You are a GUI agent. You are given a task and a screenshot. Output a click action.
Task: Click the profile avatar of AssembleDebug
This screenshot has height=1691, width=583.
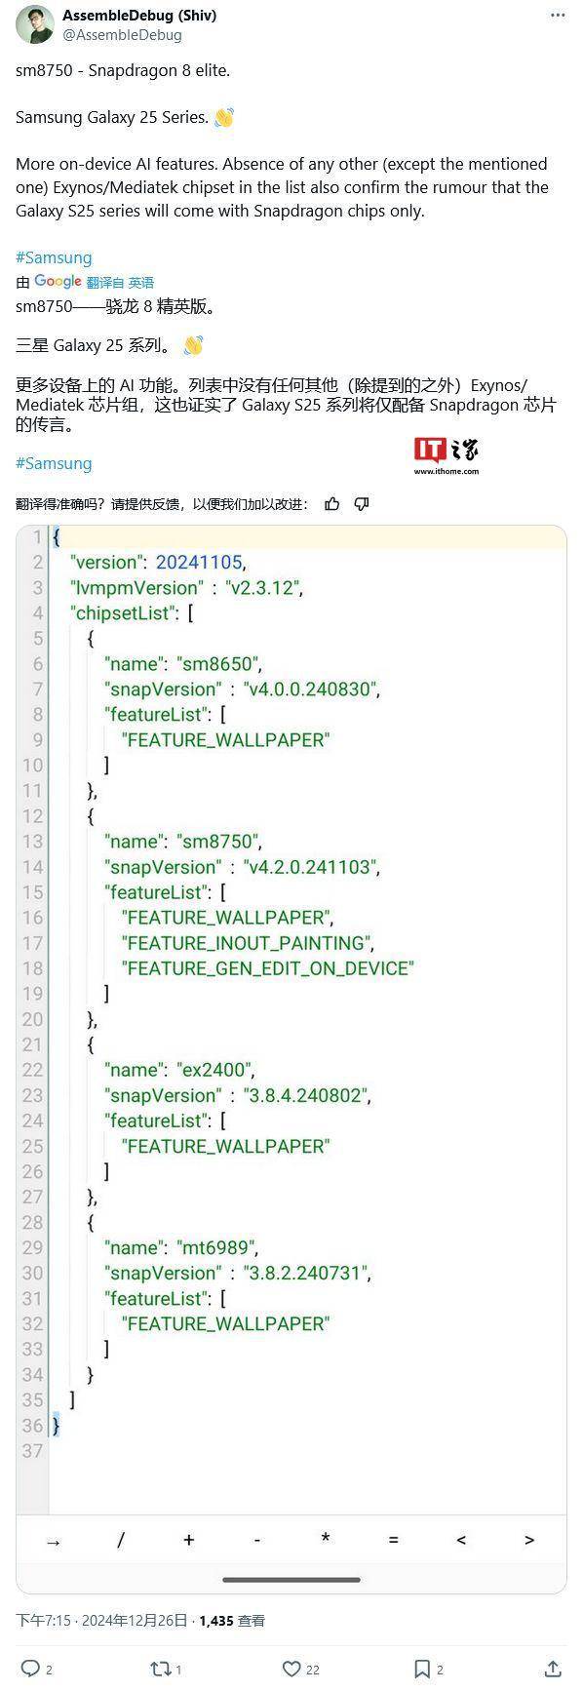tap(35, 24)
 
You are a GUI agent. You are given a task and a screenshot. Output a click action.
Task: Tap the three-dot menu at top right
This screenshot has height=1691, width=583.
tap(558, 16)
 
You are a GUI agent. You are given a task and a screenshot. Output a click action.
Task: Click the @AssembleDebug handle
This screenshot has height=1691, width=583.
tap(122, 35)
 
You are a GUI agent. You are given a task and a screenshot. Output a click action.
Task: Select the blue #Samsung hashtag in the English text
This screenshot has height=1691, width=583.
tap(54, 257)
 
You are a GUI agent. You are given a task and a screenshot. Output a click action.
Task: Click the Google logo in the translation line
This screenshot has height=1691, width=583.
tap(58, 282)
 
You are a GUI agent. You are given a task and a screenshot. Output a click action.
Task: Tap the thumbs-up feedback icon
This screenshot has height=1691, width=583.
tap(332, 503)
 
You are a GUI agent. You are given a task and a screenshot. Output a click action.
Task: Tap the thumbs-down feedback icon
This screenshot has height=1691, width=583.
tap(362, 503)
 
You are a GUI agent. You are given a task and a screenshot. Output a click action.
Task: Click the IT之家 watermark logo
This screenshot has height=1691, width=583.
tap(446, 454)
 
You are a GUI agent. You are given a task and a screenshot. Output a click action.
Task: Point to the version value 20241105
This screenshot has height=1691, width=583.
tap(199, 563)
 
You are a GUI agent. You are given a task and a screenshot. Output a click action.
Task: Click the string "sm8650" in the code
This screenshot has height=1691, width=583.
tap(218, 664)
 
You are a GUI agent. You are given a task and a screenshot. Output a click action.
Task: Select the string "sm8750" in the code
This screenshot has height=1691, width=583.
tap(218, 842)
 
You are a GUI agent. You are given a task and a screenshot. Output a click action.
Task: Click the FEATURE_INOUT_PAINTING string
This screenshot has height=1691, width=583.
tap(246, 943)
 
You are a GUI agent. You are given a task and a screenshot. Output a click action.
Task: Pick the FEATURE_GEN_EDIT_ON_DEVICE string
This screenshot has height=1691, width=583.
tap(268, 968)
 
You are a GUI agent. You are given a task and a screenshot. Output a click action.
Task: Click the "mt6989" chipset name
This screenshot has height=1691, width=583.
tap(216, 1247)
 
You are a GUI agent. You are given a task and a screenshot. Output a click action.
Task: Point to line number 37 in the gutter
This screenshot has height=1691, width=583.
tap(33, 1450)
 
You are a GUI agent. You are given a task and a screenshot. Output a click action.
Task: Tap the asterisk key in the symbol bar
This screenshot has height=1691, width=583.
tap(326, 1539)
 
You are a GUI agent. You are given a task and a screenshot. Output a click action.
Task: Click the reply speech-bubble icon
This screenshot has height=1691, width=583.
tap(30, 1669)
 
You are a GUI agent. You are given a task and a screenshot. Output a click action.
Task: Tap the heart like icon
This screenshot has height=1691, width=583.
tap(291, 1669)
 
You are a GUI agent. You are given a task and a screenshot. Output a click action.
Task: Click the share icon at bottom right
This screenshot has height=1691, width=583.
tap(553, 1669)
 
